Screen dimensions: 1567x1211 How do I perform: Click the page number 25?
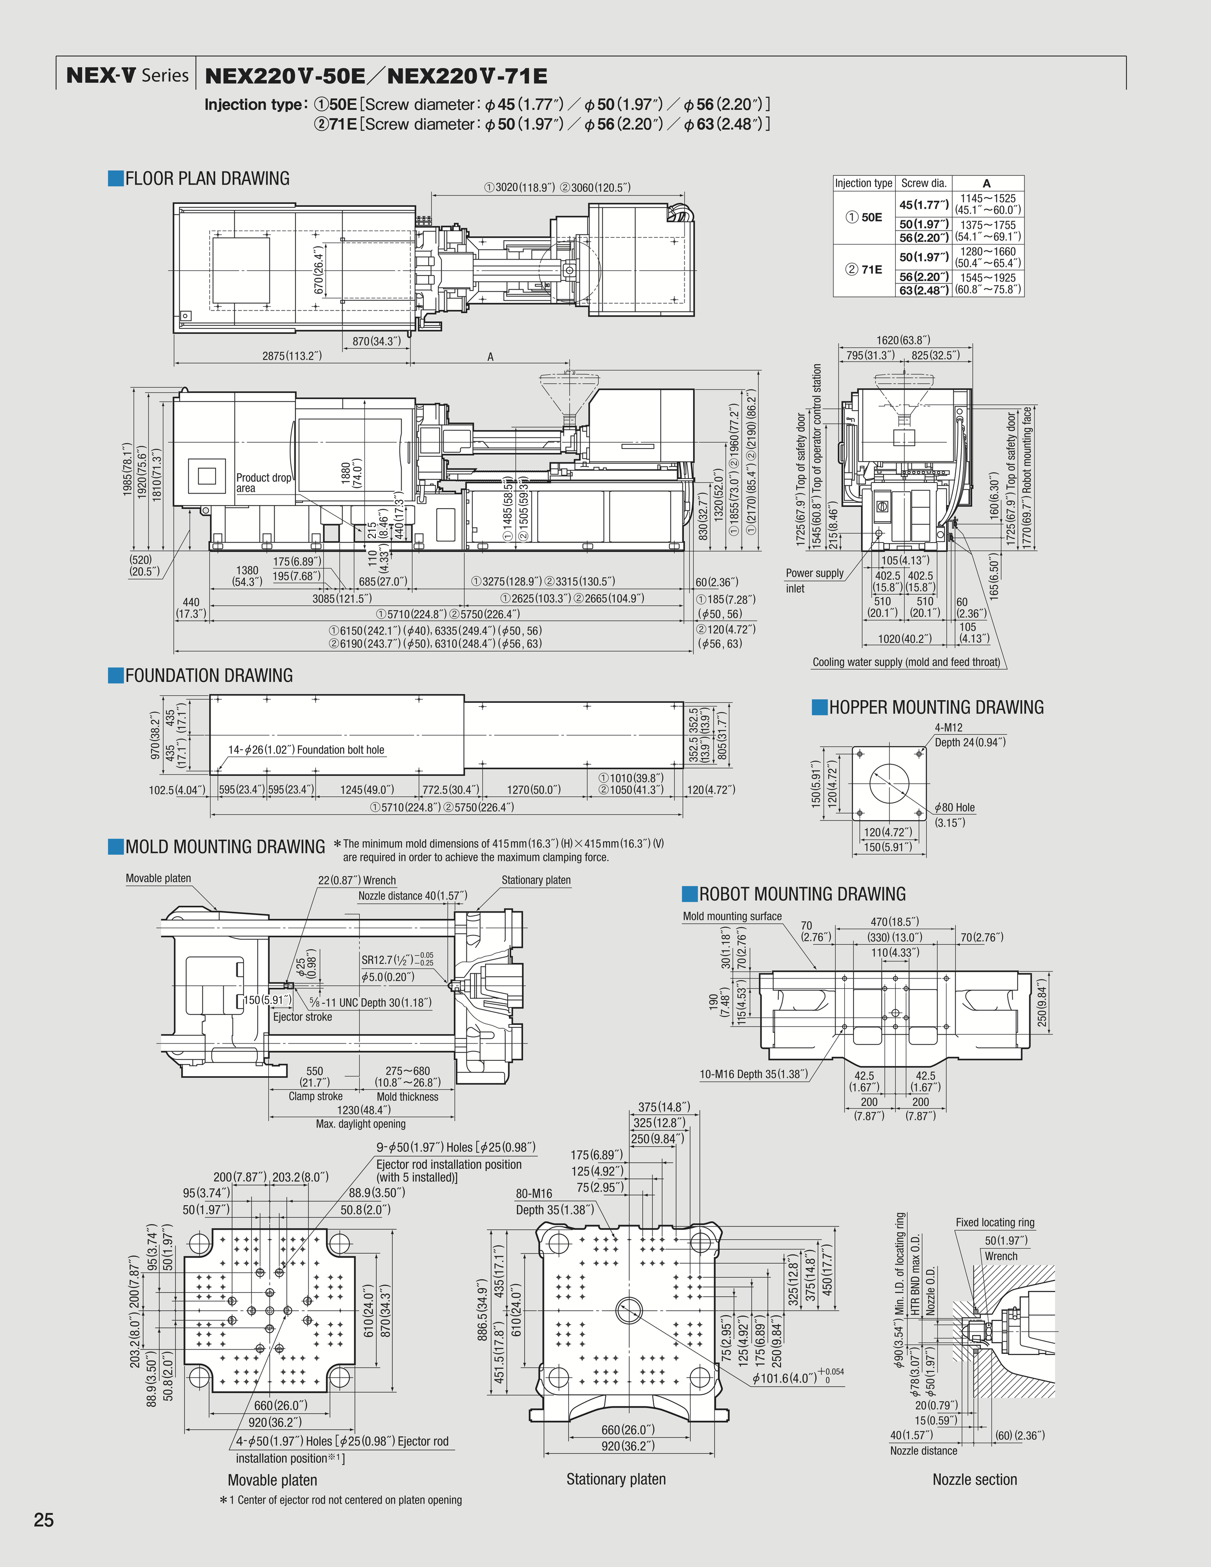point(44,1520)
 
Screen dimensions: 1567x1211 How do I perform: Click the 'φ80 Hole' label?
point(954,807)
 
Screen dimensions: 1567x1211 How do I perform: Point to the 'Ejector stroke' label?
point(302,1017)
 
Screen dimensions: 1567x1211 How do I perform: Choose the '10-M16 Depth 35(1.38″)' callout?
point(753,1074)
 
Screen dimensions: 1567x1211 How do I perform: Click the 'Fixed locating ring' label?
point(994,1223)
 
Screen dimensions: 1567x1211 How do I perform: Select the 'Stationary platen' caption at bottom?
point(616,1479)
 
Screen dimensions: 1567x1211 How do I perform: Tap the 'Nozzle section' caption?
point(974,1479)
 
